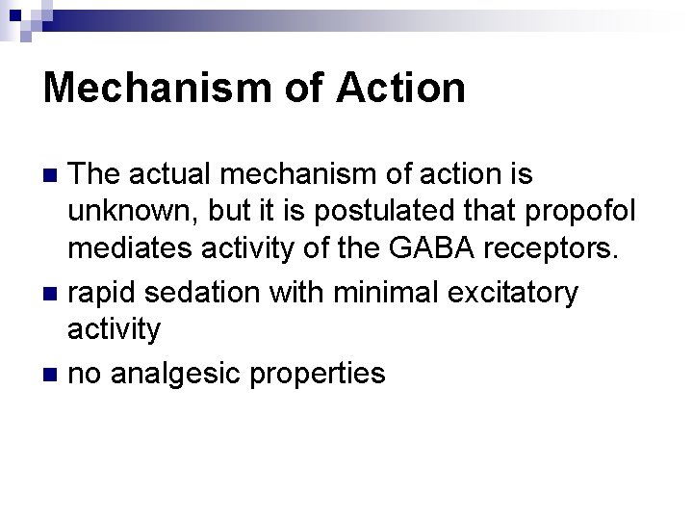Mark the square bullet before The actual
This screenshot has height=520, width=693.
coord(54,175)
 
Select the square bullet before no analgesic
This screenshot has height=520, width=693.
coord(54,375)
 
